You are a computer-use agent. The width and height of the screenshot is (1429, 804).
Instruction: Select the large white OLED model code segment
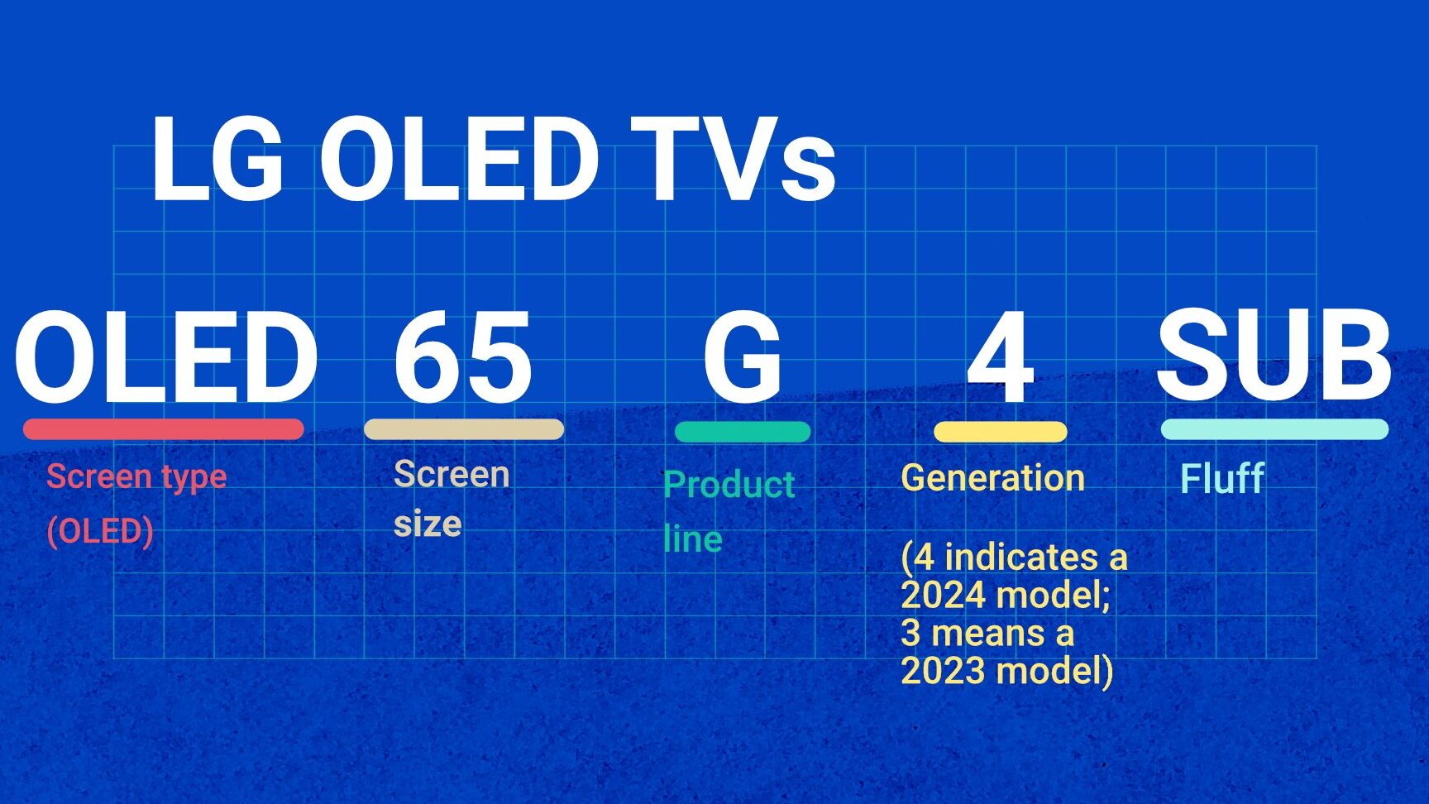click(x=165, y=357)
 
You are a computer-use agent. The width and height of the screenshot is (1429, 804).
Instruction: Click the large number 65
click(x=462, y=357)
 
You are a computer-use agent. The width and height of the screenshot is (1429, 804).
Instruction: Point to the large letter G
click(x=742, y=357)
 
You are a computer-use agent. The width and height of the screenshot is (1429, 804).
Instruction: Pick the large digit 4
click(x=1001, y=357)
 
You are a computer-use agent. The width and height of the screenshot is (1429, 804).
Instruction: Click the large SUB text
click(x=1274, y=355)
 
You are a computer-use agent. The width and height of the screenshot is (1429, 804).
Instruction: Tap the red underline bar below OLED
click(x=164, y=429)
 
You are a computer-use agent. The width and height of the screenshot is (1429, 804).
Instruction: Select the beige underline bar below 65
click(x=464, y=429)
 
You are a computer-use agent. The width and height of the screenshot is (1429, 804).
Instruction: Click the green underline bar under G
click(x=743, y=432)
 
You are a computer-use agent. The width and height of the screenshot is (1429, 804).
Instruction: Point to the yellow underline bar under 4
click(x=1001, y=432)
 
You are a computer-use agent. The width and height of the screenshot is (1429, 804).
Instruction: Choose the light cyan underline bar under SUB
click(x=1274, y=429)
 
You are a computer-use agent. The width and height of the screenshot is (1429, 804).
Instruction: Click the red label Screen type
click(x=136, y=477)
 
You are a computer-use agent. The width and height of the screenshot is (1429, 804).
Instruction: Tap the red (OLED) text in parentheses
click(x=100, y=531)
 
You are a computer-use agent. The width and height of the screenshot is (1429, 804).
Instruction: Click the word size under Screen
click(x=428, y=524)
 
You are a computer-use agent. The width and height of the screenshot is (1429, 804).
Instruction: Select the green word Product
click(x=729, y=485)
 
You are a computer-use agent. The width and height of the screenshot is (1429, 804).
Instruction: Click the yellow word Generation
click(x=992, y=478)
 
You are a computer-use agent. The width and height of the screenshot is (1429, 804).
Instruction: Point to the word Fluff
click(x=1222, y=478)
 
